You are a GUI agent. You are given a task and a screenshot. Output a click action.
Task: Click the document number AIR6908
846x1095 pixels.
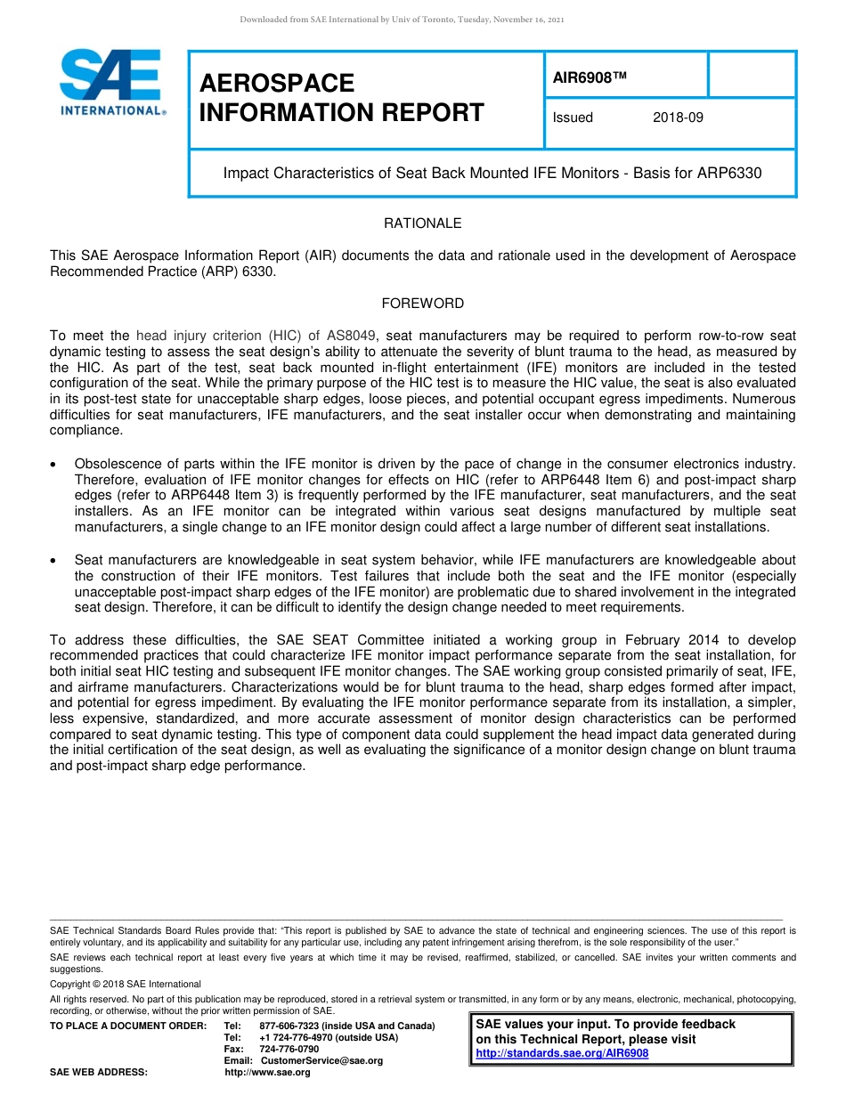coord(590,78)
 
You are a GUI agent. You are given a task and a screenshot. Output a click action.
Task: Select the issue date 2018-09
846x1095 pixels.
coord(678,118)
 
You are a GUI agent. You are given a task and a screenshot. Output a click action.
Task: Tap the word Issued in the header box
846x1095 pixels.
coord(573,118)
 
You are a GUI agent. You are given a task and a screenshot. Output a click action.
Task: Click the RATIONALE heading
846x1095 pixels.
coord(422,223)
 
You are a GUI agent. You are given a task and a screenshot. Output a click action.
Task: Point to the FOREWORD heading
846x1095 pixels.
coord(422,304)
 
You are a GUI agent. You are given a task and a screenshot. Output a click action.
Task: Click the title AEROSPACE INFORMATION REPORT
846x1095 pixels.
coord(342,98)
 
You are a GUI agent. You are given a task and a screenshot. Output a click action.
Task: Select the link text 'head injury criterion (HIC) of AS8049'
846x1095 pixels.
coord(256,336)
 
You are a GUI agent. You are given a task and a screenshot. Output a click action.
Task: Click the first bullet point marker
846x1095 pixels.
coord(55,465)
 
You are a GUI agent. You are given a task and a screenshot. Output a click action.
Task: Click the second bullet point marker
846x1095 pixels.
coord(55,561)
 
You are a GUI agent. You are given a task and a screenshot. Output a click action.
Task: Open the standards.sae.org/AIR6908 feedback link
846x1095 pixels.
coord(562,1053)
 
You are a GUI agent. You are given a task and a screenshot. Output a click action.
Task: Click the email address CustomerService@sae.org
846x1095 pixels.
coord(321,1060)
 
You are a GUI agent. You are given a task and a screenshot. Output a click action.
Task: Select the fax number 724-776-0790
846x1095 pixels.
coord(289,1049)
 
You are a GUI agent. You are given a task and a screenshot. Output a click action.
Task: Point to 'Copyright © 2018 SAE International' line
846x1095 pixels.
coord(126,984)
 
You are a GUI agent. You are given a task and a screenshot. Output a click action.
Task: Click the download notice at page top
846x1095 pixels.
coord(402,19)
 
